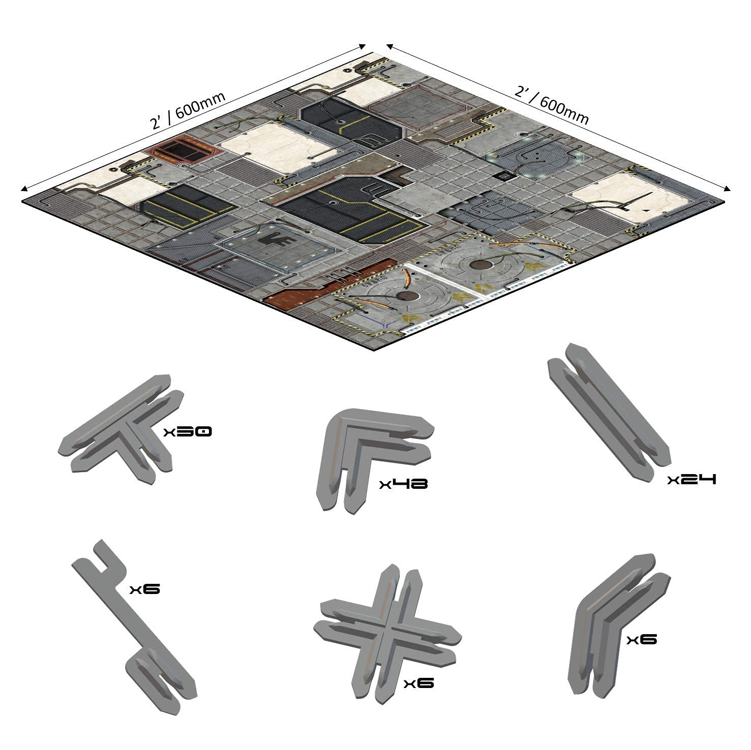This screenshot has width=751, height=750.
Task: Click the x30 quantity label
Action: coord(188,432)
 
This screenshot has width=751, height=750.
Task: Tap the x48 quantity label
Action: coord(403,483)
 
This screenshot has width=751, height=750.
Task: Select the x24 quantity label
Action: coord(692,479)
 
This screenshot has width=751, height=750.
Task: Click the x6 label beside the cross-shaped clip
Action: coord(418,683)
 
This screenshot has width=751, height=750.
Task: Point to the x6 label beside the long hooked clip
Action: coord(145,589)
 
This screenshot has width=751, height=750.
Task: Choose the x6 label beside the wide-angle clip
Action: coord(642,639)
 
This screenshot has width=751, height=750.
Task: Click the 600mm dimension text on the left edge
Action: coord(188,109)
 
